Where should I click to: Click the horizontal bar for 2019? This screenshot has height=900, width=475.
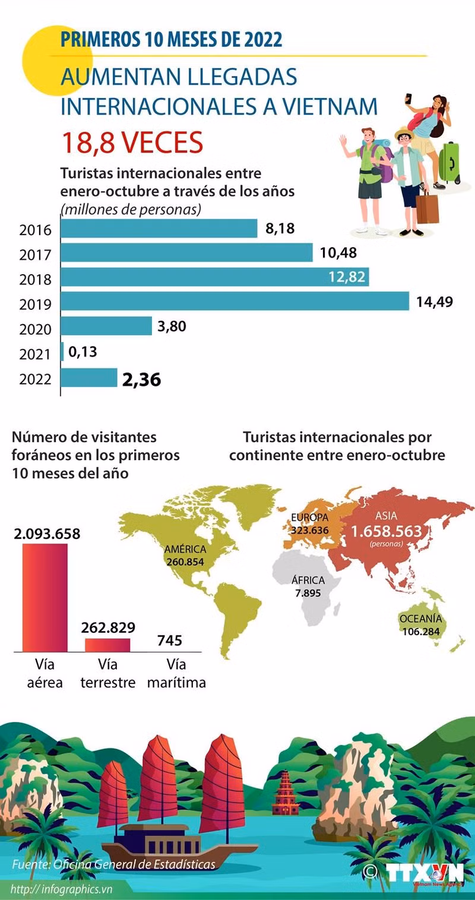pyautogui.click(x=235, y=301)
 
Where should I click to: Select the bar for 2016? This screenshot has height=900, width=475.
pyautogui.click(x=159, y=229)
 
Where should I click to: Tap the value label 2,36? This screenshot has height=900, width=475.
pyautogui.click(x=141, y=379)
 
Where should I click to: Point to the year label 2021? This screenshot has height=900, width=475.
pyautogui.click(x=36, y=354)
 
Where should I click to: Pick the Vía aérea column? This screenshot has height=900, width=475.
pyautogui.click(x=45, y=597)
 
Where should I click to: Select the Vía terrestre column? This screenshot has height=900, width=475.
pyautogui.click(x=107, y=645)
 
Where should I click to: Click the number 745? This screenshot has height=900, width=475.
pyautogui.click(x=170, y=641)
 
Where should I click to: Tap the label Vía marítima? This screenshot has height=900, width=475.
pyautogui.click(x=176, y=673)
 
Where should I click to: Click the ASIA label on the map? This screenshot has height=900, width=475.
pyautogui.click(x=386, y=515)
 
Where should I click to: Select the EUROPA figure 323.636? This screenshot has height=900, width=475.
pyautogui.click(x=309, y=530)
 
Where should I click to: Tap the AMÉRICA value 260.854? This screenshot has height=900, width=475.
pyautogui.click(x=185, y=562)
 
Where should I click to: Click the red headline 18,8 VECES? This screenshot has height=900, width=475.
pyautogui.click(x=132, y=142)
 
